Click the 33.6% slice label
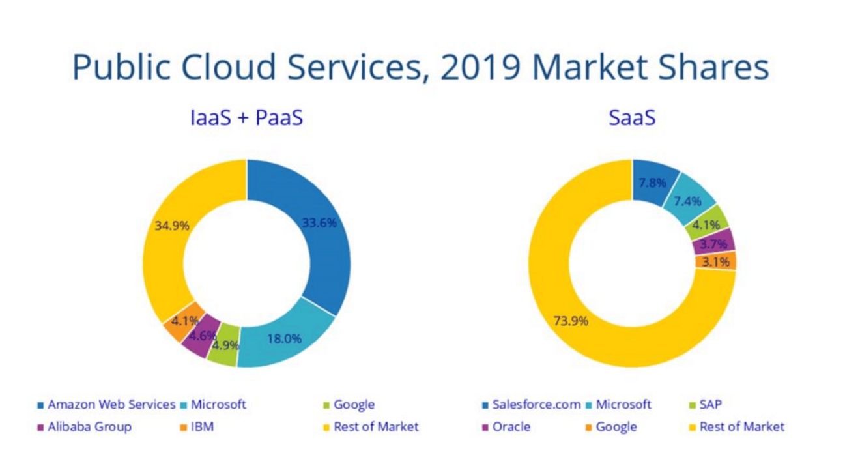pyautogui.click(x=319, y=223)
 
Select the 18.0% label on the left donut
pyautogui.click(x=284, y=339)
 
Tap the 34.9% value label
pyautogui.click(x=172, y=226)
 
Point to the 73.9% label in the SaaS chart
pyautogui.click(x=571, y=321)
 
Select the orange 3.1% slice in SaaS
pyautogui.click(x=715, y=261)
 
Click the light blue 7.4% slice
pyautogui.click(x=689, y=200)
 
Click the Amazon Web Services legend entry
pyautogui.click(x=106, y=405)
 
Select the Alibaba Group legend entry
pyautogui.click(x=84, y=427)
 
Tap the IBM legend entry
pyautogui.click(x=197, y=427)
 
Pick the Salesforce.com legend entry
pyautogui.click(x=532, y=405)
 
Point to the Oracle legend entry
pyautogui.click(x=506, y=427)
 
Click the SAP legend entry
pyautogui.click(x=706, y=405)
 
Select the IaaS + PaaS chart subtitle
pyautogui.click(x=247, y=117)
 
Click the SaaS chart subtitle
pyautogui.click(x=632, y=117)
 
